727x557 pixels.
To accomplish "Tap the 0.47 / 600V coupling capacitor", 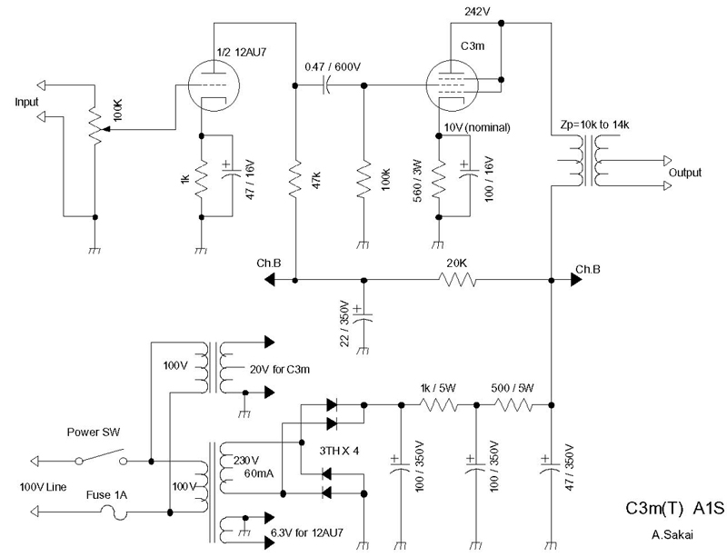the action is coord(327,85).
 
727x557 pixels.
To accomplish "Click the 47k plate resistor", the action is coord(295,180).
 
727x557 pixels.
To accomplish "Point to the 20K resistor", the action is coord(457,280).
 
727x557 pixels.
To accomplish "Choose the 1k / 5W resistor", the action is coord(439,405).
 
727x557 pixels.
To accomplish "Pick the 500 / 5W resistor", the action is coord(513,405).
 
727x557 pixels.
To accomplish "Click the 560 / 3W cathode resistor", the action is coord(439,180).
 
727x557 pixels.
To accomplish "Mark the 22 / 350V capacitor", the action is coord(363,314).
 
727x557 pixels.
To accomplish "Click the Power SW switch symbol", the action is coord(102,457).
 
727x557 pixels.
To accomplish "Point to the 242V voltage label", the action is coord(477,12).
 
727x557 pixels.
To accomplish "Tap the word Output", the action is coord(685,173).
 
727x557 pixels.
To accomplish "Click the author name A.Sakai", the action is coord(672,535).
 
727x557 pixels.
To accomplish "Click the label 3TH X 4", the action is coord(339,451).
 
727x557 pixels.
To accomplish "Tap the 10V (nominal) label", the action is coord(477,127).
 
